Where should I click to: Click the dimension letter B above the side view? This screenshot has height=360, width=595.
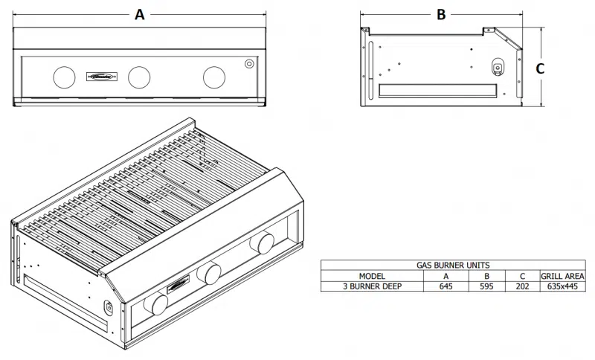coord(441,14)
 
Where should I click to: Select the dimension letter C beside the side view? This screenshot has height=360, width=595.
coord(541,68)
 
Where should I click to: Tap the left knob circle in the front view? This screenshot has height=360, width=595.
coord(65,76)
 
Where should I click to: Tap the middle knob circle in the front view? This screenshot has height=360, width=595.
coord(139,76)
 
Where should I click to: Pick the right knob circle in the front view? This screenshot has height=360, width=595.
coord(214,76)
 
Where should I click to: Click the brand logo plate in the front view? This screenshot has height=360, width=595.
coord(101,76)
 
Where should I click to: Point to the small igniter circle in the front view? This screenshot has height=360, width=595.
coord(249,64)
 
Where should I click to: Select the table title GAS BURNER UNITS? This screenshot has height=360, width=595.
coord(453,265)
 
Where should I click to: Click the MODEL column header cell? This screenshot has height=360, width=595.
coord(372,275)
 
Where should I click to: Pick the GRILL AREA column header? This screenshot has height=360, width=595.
coord(562,275)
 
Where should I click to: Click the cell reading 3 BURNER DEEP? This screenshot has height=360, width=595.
coord(372,286)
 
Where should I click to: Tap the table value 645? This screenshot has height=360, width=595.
coord(446,286)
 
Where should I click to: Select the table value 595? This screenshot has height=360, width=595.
coord(487,286)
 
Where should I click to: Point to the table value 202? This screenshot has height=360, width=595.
coord(522,286)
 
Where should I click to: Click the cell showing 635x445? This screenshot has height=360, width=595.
coord(562,286)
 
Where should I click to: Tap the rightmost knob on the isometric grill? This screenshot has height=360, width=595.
coord(263,242)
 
